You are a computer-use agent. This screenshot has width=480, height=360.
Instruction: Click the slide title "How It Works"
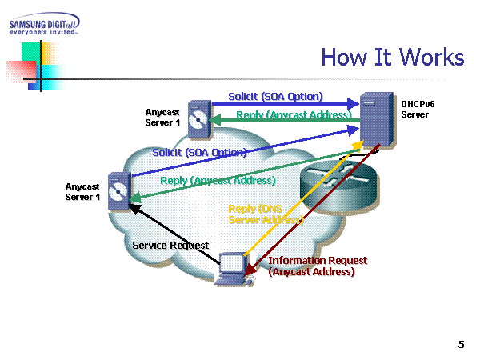click(392, 57)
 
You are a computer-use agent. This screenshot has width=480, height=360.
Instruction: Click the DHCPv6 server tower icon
click(374, 122)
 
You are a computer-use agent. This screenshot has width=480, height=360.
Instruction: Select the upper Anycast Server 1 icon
click(199, 120)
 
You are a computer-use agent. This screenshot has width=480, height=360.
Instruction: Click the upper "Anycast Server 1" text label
click(163, 118)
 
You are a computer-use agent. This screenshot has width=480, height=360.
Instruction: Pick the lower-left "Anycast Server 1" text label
click(82, 192)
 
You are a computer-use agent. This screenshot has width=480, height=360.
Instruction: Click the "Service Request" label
click(170, 246)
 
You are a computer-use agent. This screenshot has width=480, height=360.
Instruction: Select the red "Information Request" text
click(318, 261)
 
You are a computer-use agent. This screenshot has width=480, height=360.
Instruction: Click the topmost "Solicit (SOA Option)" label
click(275, 96)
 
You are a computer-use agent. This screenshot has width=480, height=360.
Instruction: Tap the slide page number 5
click(461, 344)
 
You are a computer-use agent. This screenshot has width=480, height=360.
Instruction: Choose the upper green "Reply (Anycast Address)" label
click(294, 115)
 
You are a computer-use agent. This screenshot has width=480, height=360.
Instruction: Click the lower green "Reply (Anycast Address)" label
click(218, 180)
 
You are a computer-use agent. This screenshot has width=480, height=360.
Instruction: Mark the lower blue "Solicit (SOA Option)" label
click(199, 152)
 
